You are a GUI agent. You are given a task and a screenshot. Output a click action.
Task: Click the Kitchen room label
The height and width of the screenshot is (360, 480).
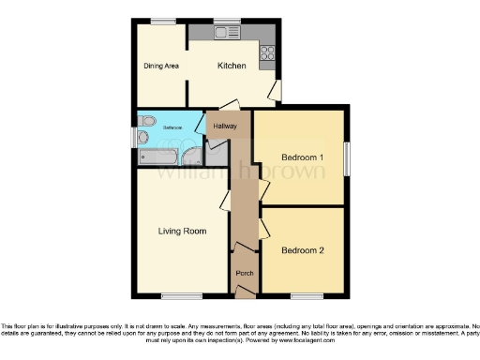pyautogui.click(x=232, y=66)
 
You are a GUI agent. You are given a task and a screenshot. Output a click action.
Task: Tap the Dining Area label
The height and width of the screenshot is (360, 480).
pyautogui.click(x=161, y=66)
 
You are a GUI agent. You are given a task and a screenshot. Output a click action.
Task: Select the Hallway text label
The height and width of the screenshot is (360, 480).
pyautogui.click(x=225, y=126)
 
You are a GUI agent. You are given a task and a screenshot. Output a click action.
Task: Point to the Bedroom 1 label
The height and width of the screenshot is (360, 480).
pyautogui.click(x=302, y=157)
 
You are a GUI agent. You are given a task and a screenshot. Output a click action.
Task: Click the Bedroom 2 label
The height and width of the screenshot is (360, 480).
pyautogui.click(x=302, y=250)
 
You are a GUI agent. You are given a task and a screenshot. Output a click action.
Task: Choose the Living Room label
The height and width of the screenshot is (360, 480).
pyautogui.click(x=182, y=231)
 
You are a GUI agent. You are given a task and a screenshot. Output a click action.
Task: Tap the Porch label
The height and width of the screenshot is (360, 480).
pyautogui.click(x=245, y=273)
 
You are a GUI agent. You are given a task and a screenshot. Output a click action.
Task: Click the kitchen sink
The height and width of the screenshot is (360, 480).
pyautogui.click(x=226, y=33)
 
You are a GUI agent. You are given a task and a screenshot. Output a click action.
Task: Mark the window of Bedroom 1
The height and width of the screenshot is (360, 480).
pyautogui.click(x=347, y=157)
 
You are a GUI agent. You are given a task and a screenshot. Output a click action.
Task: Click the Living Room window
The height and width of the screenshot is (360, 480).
pyautogui.click(x=175, y=296)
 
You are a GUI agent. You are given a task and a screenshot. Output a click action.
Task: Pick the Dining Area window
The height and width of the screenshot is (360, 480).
pyautogui.click(x=163, y=21)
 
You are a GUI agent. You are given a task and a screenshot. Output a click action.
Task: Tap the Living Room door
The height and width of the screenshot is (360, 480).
pyautogui.click(x=225, y=200)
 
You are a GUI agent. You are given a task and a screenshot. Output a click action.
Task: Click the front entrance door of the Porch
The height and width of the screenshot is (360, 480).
pyautogui.click(x=244, y=293)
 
